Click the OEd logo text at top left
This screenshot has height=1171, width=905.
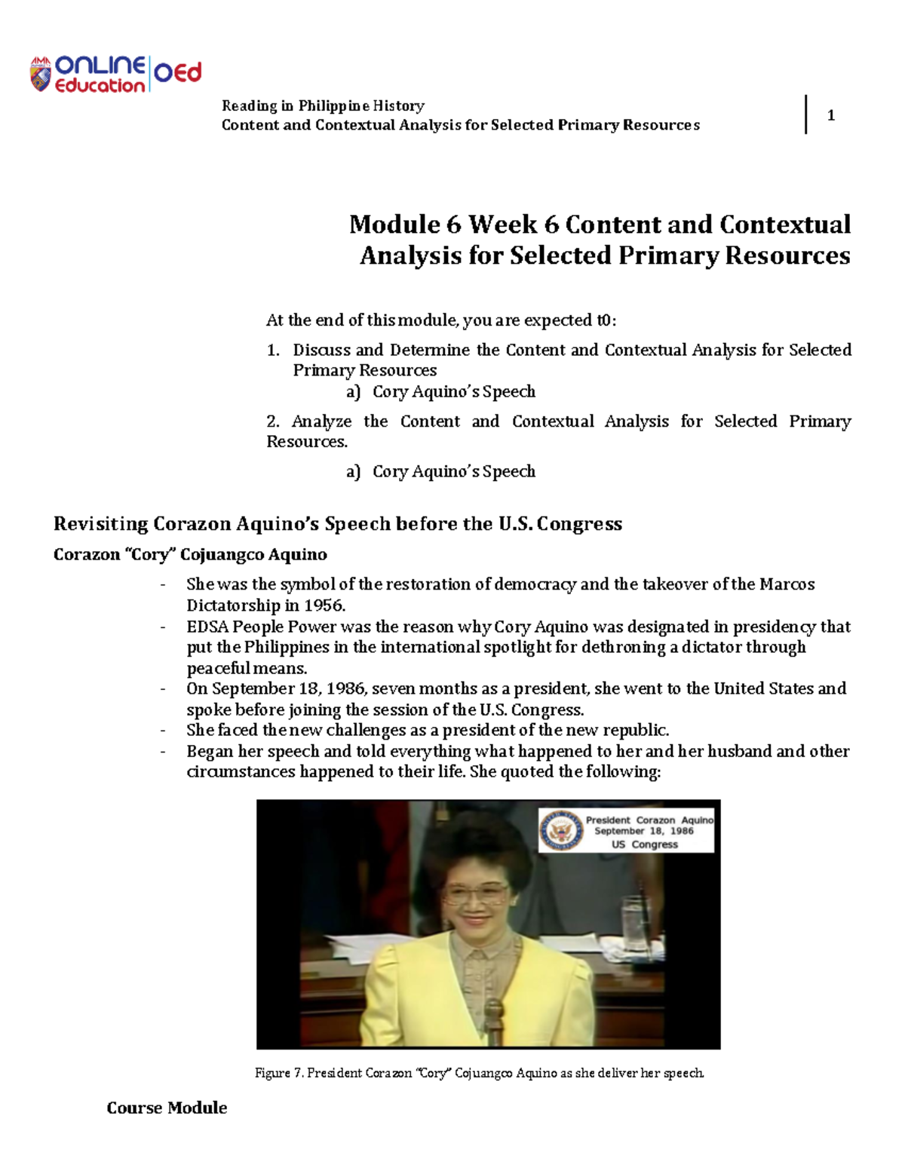click(178, 72)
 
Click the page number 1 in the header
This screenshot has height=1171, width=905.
click(830, 115)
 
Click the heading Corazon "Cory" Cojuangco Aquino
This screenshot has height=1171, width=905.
click(190, 555)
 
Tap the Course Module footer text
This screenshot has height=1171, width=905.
click(167, 1108)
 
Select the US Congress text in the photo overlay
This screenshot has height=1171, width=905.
click(645, 845)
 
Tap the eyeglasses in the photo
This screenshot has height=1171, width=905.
click(474, 895)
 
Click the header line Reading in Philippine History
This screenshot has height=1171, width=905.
click(323, 106)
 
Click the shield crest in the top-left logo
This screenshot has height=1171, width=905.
click(41, 75)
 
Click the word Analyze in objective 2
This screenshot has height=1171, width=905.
click(321, 421)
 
